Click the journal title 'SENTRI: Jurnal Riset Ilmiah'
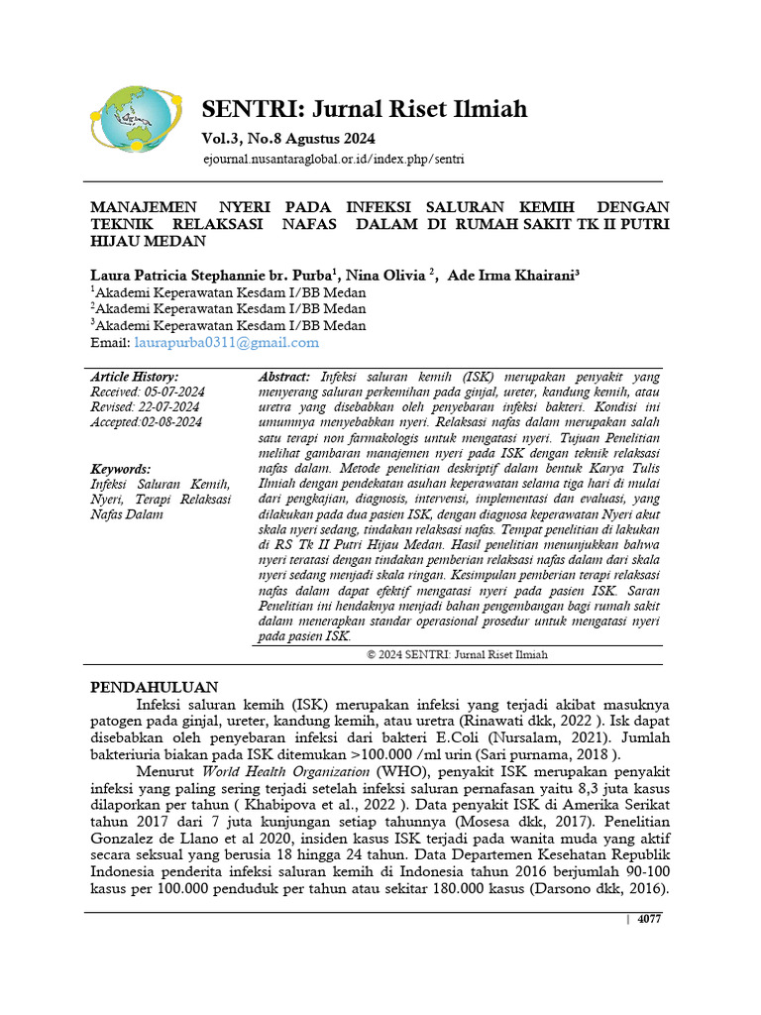[365, 108]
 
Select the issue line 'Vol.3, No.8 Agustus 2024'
[288, 138]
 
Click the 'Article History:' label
[135, 377]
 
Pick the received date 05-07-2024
[169, 392]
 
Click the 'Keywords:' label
[121, 469]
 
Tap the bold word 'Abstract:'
[284, 377]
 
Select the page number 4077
[649, 919]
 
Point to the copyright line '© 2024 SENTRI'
[457, 654]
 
